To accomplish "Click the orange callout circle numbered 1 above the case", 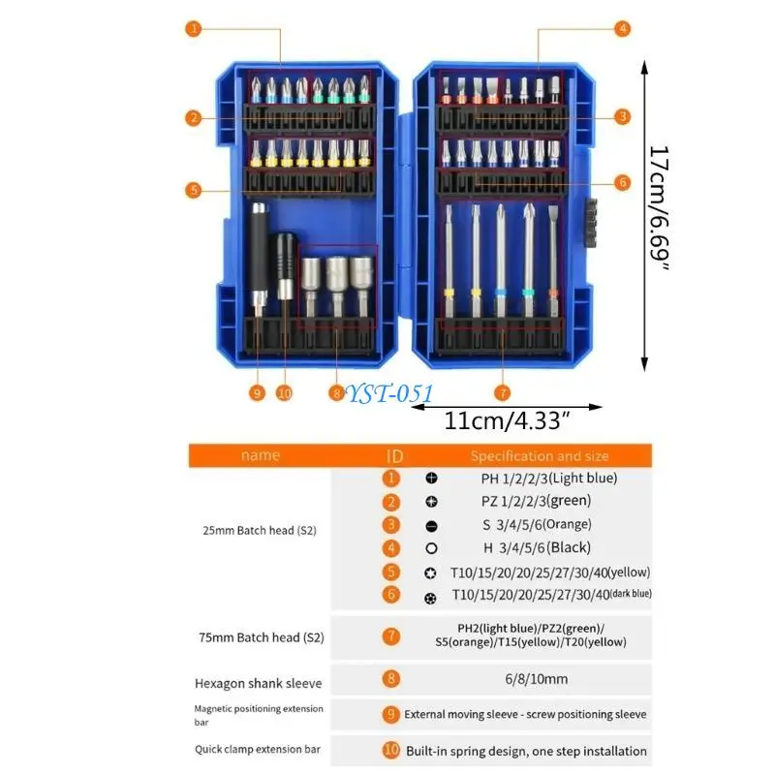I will point(195,29).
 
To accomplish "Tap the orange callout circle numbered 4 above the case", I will point(622,29).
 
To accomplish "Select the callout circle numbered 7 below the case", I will point(501,392).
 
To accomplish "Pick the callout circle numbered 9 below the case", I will point(257,392).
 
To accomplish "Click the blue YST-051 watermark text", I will point(389,392).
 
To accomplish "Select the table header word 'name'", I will point(260,455).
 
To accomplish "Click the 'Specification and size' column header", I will point(541,455).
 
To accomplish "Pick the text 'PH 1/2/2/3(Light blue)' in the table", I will point(548,478).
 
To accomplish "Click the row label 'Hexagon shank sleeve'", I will point(259,683).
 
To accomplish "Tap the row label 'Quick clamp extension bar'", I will point(257,749).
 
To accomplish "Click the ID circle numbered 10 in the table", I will point(391,750).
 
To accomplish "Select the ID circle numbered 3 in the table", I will point(391,524).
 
